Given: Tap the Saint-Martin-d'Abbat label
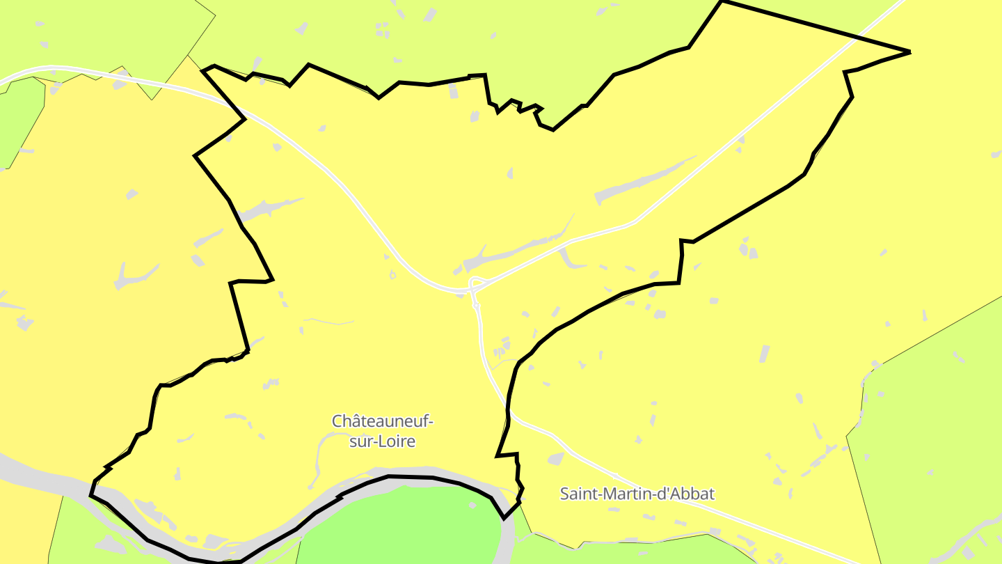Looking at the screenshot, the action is (637, 494).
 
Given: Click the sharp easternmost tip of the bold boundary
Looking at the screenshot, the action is (909, 52).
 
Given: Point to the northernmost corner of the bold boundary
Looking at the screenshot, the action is (722, 2).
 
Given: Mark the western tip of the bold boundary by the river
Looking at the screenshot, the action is (91, 494).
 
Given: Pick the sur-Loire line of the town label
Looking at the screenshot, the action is (382, 441).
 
